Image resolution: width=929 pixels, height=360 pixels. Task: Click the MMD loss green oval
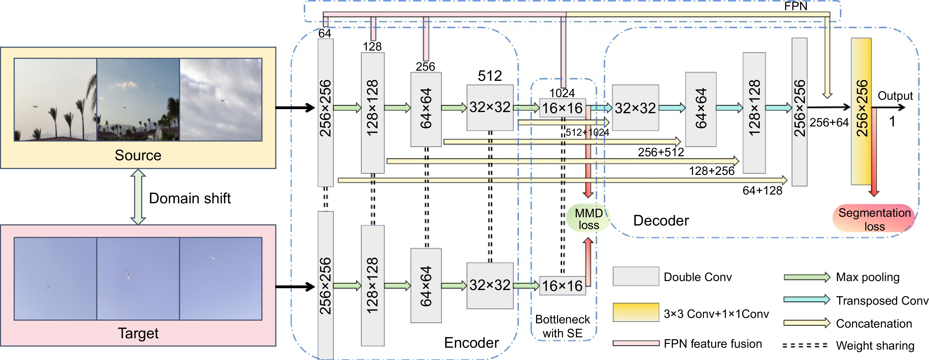pos(588,219)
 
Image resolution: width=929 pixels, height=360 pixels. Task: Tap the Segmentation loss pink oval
pos(874,219)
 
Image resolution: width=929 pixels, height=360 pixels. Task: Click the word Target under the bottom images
pos(138,333)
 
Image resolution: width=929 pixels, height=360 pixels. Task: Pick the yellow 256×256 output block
pos(861,111)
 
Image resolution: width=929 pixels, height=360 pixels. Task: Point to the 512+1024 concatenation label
pos(587,132)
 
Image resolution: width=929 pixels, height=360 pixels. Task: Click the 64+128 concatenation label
pos(762,191)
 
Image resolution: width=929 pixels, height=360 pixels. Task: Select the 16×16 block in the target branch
pos(562,286)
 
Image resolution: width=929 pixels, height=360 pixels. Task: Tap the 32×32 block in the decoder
pos(635,108)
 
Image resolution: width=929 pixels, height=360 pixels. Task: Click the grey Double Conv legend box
pos(636,276)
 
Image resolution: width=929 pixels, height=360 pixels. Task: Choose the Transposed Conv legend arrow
pos(806,300)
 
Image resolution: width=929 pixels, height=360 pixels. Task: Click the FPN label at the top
pos(796,6)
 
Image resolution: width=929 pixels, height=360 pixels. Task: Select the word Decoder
pos(661,220)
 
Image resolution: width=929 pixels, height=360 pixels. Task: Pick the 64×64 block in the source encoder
pos(426,109)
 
